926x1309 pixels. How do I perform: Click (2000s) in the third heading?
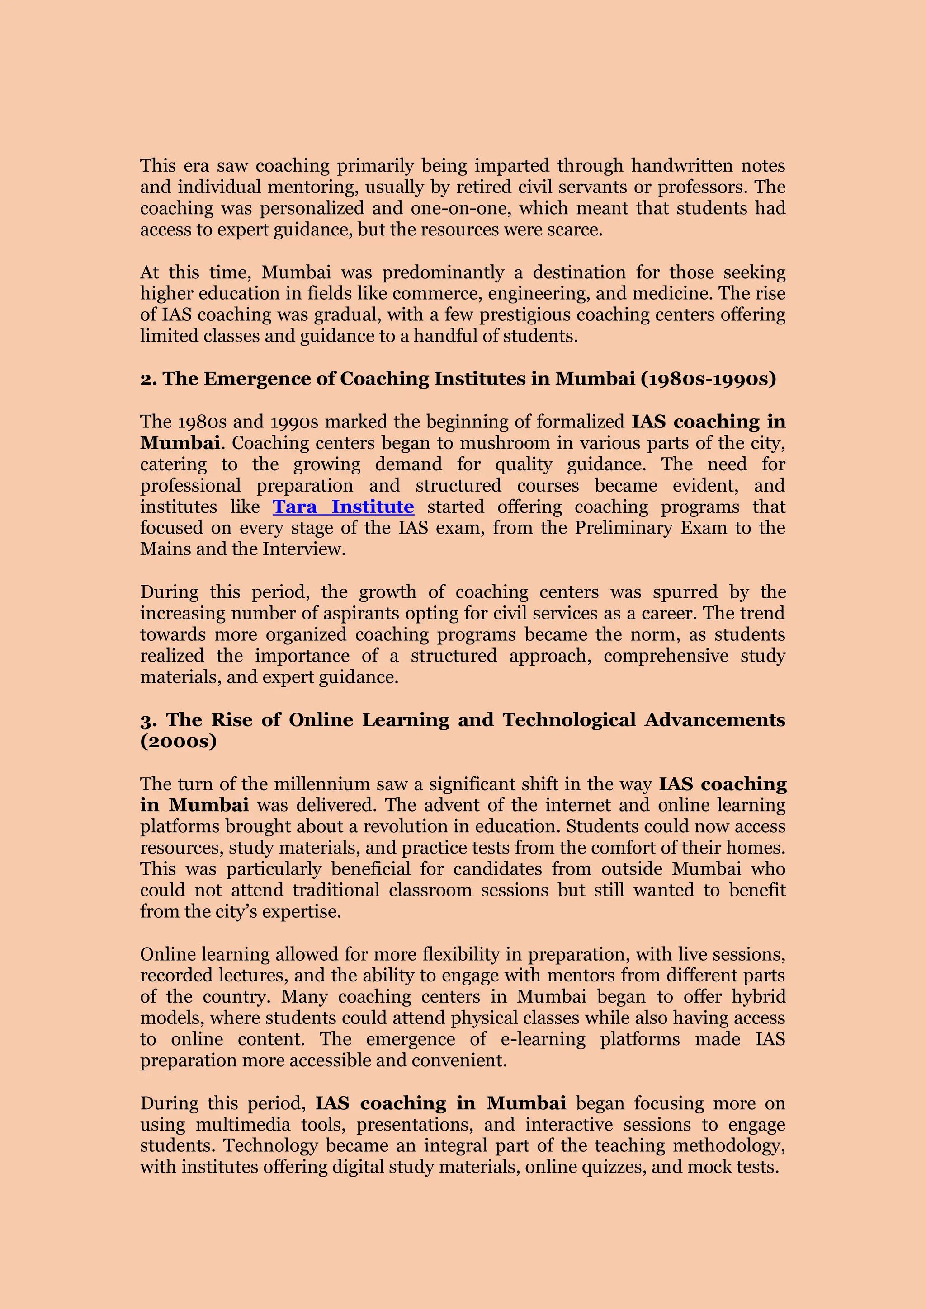tap(179, 741)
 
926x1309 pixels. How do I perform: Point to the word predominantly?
tap(443, 272)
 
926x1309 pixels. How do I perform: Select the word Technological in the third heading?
tap(569, 720)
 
